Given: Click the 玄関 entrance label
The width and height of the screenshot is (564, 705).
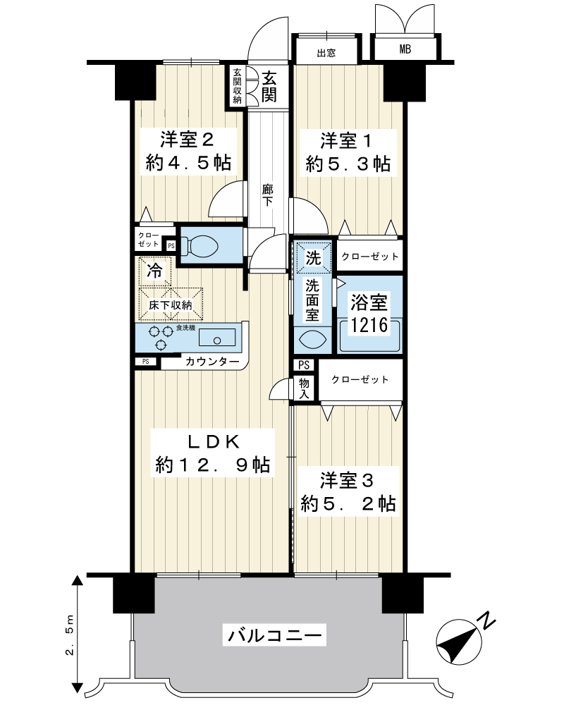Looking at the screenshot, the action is point(269,87).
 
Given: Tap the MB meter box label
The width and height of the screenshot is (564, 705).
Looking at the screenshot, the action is point(405,49).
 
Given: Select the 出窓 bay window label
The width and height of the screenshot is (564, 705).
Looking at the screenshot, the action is point(326,53).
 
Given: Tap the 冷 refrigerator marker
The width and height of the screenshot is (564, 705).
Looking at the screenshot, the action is point(154,270).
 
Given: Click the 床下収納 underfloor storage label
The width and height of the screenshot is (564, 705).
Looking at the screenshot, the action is point(171,305).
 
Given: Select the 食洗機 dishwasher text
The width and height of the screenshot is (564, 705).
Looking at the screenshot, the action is point(185,329).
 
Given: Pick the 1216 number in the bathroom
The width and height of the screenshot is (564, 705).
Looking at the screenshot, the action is point(369,324).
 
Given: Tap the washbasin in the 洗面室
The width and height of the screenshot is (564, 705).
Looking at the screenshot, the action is point(312,339).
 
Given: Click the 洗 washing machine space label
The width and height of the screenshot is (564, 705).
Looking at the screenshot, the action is point(313,257).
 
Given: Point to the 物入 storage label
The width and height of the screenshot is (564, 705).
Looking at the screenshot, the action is point(304,389).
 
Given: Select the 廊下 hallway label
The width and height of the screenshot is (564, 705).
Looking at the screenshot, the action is point(268,195).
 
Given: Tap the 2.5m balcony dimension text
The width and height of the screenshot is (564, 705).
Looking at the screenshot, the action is point(70,635).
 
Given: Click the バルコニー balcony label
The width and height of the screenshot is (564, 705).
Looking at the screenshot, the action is point(275,636).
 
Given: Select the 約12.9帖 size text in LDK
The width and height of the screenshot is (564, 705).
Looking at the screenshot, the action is point(213,464).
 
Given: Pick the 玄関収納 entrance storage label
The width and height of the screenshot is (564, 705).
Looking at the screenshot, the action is point(237,86).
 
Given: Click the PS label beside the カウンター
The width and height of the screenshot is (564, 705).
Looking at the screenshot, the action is point(146,362).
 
